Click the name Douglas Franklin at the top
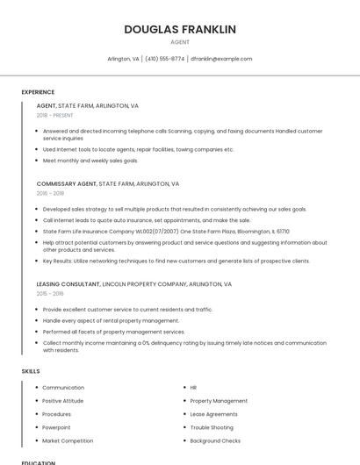pos(180,29)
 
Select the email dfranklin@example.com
pos(221,59)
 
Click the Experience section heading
pos(38,92)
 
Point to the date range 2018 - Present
pos(55,115)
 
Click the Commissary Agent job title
pos(67,184)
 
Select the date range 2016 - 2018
pos(51,193)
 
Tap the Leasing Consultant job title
pos(68,284)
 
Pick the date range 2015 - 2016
pos(50,294)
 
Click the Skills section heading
pos(31,371)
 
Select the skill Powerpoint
pos(57,427)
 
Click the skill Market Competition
pos(68,440)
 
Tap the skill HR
pos(193,387)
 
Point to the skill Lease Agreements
pos(213,414)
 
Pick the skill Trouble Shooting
pos(212,427)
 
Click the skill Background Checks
pos(215,440)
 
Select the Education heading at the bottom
pos(39,461)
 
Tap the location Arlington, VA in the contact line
pos(123,59)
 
